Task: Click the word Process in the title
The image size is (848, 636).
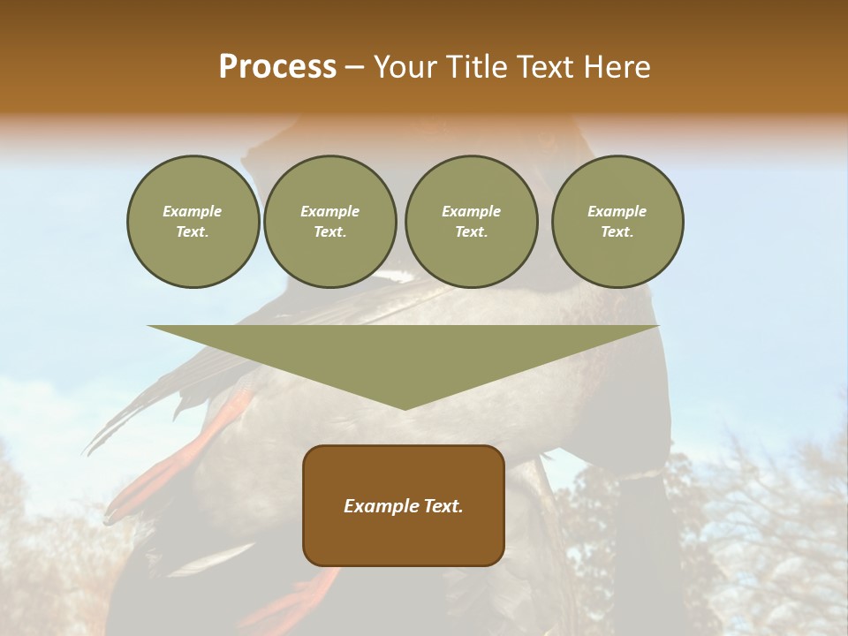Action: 277,67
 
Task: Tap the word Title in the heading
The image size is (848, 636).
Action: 475,67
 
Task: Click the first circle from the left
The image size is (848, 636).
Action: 193,222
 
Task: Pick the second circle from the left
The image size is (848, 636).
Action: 330,222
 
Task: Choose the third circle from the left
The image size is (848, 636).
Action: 472,222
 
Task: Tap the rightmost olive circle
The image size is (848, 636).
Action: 617,222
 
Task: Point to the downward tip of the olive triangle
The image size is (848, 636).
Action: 405,408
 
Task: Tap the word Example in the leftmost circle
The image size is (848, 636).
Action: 193,211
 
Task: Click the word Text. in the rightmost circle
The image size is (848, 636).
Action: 617,232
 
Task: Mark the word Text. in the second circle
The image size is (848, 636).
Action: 330,232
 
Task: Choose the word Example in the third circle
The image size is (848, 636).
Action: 472,211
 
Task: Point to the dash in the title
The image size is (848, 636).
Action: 354,67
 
